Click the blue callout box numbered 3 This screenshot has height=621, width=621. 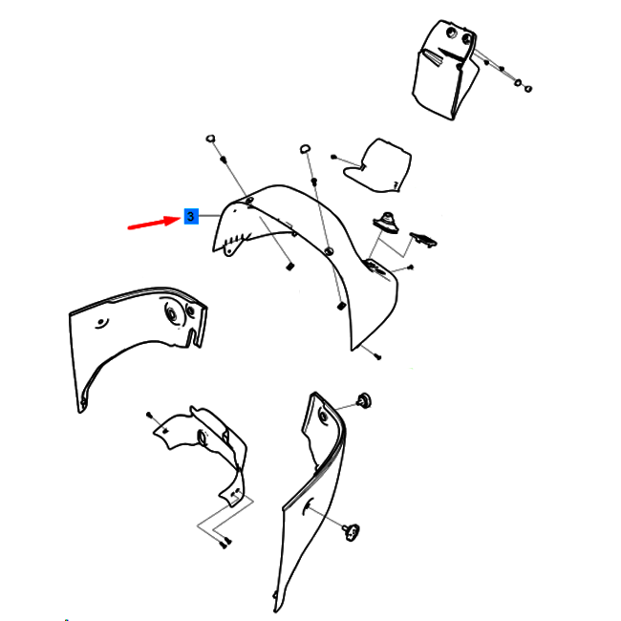click(x=191, y=216)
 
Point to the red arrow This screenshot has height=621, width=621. click(x=155, y=223)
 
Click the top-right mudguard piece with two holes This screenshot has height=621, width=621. click(x=444, y=70)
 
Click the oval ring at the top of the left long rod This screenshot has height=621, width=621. click(x=211, y=139)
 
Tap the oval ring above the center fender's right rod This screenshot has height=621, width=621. click(x=305, y=149)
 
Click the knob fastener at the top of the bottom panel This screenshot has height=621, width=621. click(x=364, y=400)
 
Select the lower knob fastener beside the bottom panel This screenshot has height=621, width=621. click(x=352, y=531)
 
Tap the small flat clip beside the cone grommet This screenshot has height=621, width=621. click(x=423, y=240)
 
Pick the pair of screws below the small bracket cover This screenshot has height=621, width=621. click(x=225, y=543)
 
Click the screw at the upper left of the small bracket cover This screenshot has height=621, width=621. click(x=149, y=415)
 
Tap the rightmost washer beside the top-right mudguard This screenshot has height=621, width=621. click(x=528, y=89)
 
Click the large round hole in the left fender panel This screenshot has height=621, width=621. click(x=172, y=314)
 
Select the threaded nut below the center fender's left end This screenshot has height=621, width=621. click(x=290, y=267)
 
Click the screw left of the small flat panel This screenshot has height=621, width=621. click(x=333, y=157)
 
